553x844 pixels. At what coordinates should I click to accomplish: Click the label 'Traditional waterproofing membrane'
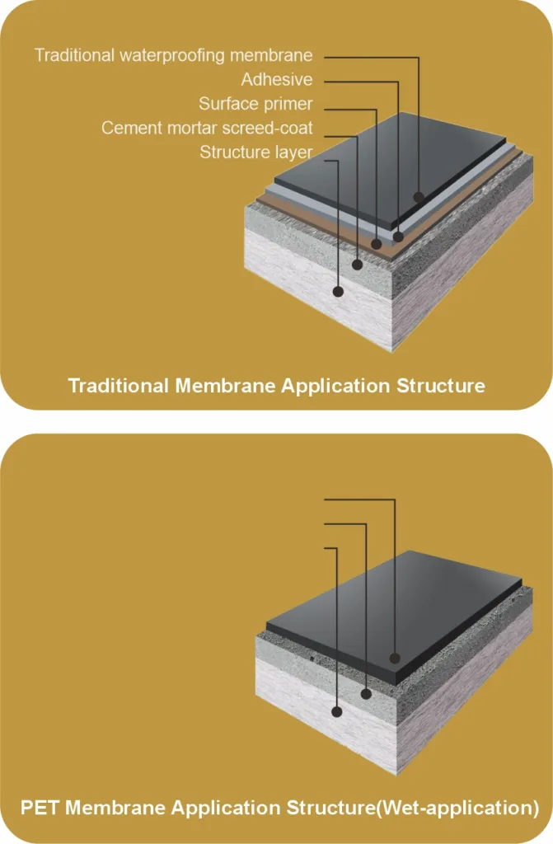pyautogui.click(x=173, y=55)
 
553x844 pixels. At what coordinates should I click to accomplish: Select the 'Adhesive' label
pyautogui.click(x=277, y=80)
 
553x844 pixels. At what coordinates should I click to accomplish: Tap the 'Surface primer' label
pyautogui.click(x=255, y=104)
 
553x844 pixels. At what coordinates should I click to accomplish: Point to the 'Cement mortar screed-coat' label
pyautogui.click(x=207, y=128)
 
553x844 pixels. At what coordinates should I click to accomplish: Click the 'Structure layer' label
pyautogui.click(x=255, y=152)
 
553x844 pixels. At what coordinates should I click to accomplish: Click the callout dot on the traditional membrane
pyautogui.click(x=419, y=197)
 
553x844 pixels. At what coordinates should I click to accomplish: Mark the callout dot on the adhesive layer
pyautogui.click(x=398, y=237)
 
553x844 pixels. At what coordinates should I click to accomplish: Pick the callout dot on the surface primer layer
pyautogui.click(x=377, y=244)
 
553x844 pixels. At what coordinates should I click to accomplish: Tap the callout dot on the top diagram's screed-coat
pyautogui.click(x=357, y=265)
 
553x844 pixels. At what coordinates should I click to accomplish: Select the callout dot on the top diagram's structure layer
pyautogui.click(x=338, y=292)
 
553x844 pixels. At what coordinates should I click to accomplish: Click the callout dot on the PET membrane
pyautogui.click(x=395, y=658)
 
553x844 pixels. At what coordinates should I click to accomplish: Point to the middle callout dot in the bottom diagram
pyautogui.click(x=366, y=694)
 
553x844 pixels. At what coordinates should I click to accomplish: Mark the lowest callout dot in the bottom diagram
pyautogui.click(x=337, y=711)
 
